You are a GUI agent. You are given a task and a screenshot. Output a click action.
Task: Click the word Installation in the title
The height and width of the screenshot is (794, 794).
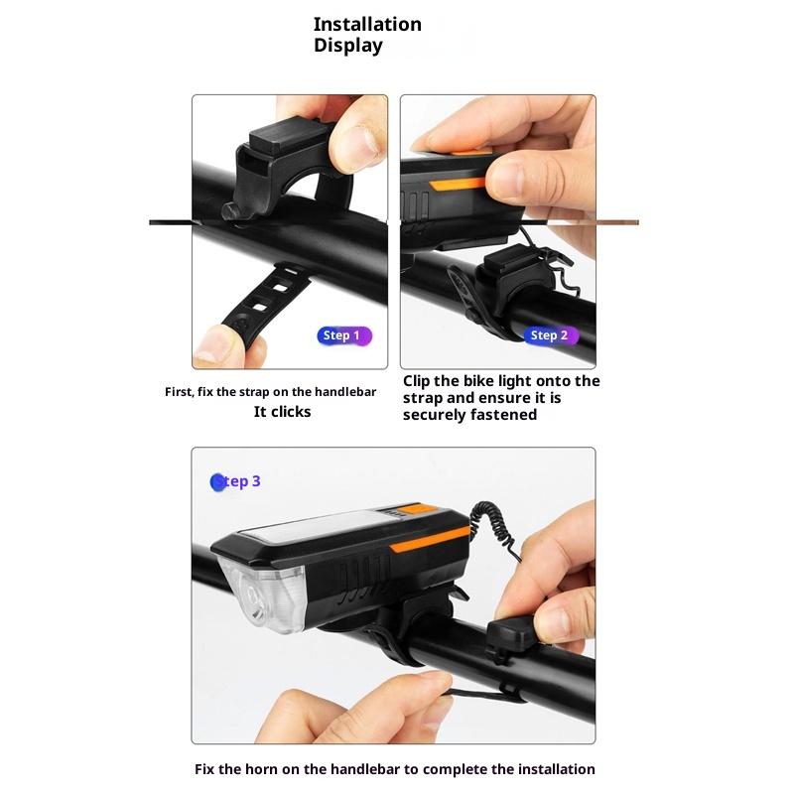point(367,24)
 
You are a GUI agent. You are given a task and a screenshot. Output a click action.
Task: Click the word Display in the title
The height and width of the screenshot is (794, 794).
point(348,46)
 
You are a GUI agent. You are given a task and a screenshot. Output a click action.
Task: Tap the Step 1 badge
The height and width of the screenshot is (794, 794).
point(344,335)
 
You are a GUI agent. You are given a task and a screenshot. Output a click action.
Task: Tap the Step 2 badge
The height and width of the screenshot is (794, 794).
point(551,335)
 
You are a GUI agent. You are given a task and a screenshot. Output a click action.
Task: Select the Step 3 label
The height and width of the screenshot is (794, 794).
point(235,481)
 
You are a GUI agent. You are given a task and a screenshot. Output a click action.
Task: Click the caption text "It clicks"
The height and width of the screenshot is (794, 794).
point(282,412)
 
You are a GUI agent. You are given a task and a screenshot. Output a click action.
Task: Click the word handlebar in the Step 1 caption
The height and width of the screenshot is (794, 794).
point(344,392)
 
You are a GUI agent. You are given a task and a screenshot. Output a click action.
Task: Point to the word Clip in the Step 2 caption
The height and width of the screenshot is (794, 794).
point(417,381)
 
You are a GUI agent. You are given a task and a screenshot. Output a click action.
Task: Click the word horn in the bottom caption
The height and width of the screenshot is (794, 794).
point(261,769)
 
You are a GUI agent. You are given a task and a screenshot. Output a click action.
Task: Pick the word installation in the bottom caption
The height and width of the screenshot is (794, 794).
point(556,769)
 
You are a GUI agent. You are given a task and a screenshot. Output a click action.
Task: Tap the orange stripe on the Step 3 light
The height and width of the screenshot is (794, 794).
point(430,538)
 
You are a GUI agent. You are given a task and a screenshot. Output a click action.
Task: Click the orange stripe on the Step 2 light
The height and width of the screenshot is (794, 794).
point(458,184)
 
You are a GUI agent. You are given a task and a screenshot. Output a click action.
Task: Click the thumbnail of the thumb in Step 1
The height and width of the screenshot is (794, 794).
point(361,143)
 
